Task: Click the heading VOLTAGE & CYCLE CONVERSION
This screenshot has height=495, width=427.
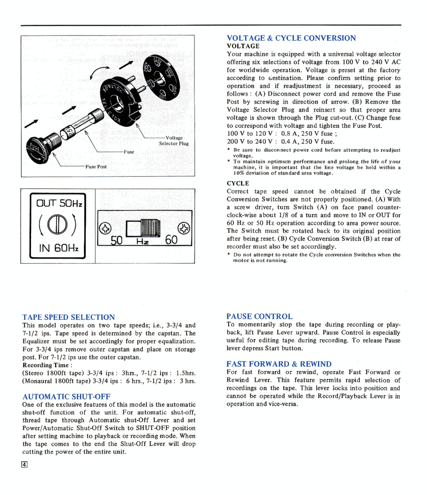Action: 291,38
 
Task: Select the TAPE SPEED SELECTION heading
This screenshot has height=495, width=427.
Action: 69,317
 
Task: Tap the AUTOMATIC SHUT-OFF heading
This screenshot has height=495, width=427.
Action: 66,396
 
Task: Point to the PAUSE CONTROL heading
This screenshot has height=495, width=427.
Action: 259,316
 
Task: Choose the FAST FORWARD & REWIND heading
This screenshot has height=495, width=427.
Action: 278,364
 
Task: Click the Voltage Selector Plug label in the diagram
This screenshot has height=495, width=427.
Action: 174,141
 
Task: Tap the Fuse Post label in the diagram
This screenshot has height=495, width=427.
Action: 96,167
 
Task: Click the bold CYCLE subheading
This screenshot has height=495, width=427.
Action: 238,183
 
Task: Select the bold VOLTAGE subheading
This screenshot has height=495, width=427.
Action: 243,46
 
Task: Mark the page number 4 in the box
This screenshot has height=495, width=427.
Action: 25,464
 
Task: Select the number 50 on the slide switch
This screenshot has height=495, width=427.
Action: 116,240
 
